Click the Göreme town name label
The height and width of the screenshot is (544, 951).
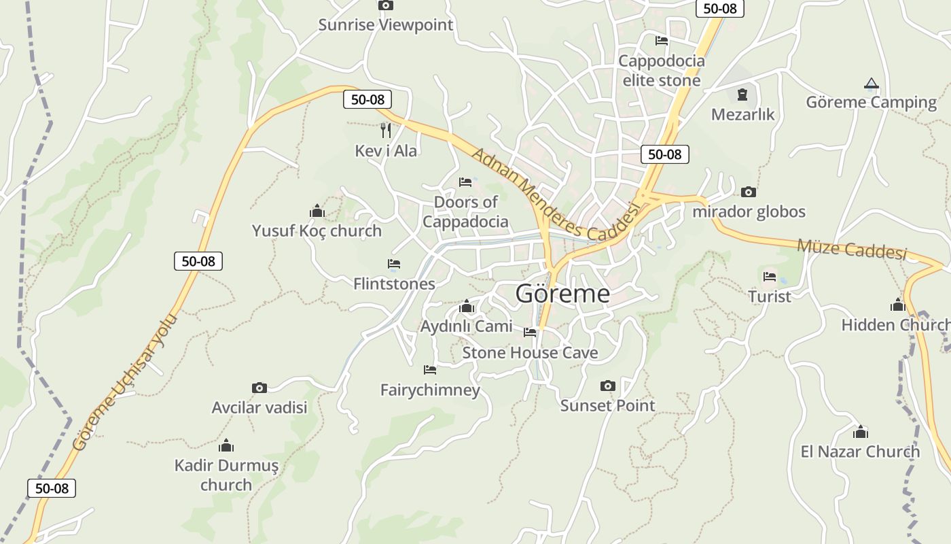(x=562, y=294)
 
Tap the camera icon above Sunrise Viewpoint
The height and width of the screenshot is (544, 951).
(x=386, y=5)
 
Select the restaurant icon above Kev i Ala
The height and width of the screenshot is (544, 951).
(x=386, y=130)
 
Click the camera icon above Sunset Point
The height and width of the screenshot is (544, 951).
(x=608, y=386)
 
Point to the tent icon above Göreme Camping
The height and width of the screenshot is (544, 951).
(x=871, y=84)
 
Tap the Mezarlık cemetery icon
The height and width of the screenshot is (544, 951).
(x=742, y=94)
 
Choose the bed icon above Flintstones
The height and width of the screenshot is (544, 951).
(x=394, y=263)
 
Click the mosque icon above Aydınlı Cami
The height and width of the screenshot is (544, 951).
(x=466, y=307)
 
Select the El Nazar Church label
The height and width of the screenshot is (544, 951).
(x=860, y=452)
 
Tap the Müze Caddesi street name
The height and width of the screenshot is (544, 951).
(x=852, y=248)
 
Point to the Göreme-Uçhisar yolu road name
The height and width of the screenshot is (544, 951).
(x=126, y=381)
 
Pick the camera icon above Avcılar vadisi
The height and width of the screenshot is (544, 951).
(x=259, y=388)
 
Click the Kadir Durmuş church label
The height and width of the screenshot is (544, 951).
(x=226, y=475)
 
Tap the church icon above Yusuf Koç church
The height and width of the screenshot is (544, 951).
(x=317, y=211)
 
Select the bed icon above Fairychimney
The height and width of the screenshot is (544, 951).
(x=430, y=370)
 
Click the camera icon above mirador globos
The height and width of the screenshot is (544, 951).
(x=749, y=192)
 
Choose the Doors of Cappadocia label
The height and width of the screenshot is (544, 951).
(x=465, y=211)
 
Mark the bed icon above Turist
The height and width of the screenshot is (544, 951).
(x=770, y=276)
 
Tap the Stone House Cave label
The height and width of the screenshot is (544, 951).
(x=530, y=352)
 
